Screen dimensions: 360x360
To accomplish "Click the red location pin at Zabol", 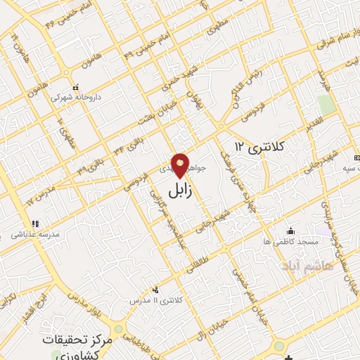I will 181,166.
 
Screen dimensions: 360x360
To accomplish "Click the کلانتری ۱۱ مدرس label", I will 155,300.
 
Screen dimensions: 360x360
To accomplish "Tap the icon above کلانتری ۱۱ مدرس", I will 155,289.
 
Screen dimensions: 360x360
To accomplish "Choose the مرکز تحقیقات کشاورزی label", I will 77,346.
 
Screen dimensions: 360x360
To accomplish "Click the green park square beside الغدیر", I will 325,105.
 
